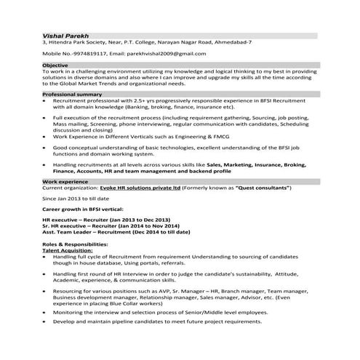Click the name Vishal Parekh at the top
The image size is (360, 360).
click(x=62, y=34)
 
